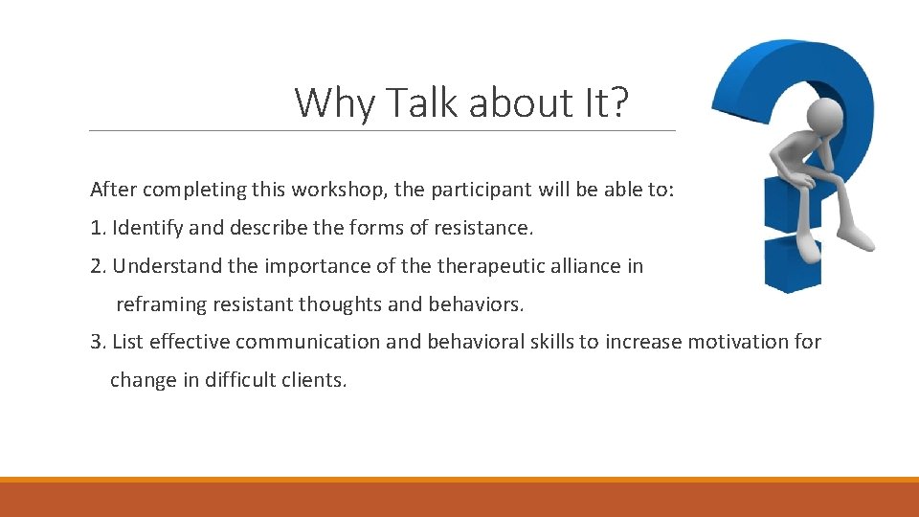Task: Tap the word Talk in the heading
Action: (416, 102)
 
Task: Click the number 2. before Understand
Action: (99, 266)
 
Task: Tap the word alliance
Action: (584, 266)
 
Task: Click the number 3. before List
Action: (99, 342)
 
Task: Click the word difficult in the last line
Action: (239, 380)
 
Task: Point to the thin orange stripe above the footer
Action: (459, 480)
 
